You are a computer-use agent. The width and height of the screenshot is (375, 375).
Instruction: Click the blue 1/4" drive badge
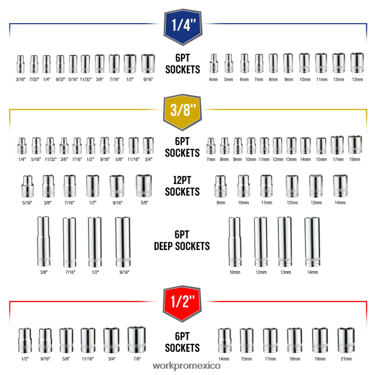pyautogui.click(x=182, y=26)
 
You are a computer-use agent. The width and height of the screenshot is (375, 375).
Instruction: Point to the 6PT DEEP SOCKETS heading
pyautogui.click(x=182, y=240)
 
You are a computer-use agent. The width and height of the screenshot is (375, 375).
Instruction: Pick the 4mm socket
pyautogui.click(x=214, y=63)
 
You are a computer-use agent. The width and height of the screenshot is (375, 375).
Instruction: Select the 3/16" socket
pyautogui.click(x=19, y=64)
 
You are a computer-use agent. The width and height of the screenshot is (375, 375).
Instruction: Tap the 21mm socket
pyautogui.click(x=346, y=340)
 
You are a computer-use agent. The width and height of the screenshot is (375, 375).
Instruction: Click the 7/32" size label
pyautogui.click(x=34, y=79)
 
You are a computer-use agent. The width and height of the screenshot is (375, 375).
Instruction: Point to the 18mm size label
pyautogui.click(x=294, y=359)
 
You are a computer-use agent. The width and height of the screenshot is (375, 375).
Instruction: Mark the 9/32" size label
pyautogui.click(x=61, y=79)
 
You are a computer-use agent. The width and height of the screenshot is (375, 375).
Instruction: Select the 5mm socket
pyautogui.click(x=228, y=63)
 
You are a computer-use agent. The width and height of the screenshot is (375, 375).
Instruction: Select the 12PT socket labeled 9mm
pyautogui.click(x=220, y=186)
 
